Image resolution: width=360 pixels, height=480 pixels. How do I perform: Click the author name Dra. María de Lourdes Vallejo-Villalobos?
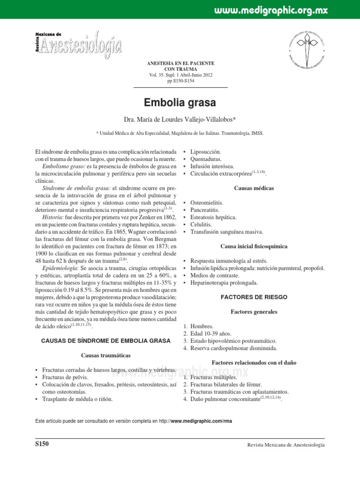pyautogui.click(x=180, y=119)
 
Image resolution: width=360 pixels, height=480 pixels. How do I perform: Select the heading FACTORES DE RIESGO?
pyautogui.click(x=254, y=297)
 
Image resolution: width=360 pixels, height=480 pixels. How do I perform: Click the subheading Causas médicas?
pyautogui.click(x=254, y=188)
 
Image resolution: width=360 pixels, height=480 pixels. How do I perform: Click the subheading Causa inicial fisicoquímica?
pyautogui.click(x=254, y=246)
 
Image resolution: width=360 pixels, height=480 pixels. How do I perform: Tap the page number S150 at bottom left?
pyautogui.click(x=42, y=443)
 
